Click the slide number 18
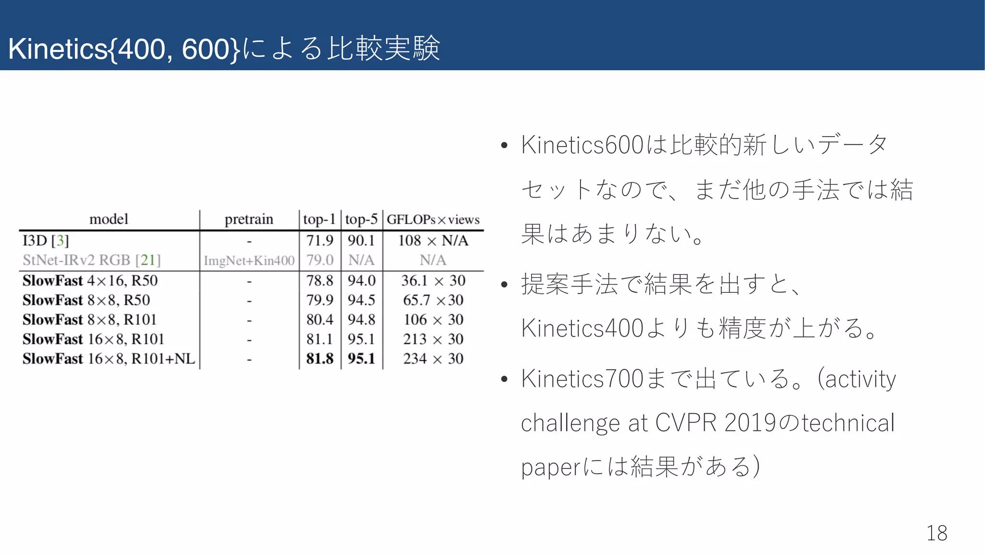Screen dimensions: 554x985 tap(936, 533)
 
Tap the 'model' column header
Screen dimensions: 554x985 tap(109, 219)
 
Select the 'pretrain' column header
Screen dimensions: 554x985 tap(249, 219)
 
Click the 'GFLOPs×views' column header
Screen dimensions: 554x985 tap(433, 219)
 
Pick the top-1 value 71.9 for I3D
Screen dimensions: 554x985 tap(320, 240)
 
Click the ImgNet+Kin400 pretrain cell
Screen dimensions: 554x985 tap(249, 260)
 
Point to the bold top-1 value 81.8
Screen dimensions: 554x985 tap(320, 358)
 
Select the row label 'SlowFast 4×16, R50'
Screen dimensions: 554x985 tap(90, 280)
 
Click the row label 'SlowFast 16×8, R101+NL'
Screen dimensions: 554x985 tap(109, 358)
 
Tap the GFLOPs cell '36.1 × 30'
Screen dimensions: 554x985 tap(433, 280)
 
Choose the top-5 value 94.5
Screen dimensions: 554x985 tap(361, 300)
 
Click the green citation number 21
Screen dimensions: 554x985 tap(148, 260)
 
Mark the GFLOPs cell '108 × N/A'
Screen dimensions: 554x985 tap(433, 240)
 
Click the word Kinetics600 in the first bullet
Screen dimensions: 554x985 tap(582, 145)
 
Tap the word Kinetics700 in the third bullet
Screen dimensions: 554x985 tap(582, 378)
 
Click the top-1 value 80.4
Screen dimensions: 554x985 tap(320, 319)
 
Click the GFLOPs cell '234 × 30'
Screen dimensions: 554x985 tap(433, 358)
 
